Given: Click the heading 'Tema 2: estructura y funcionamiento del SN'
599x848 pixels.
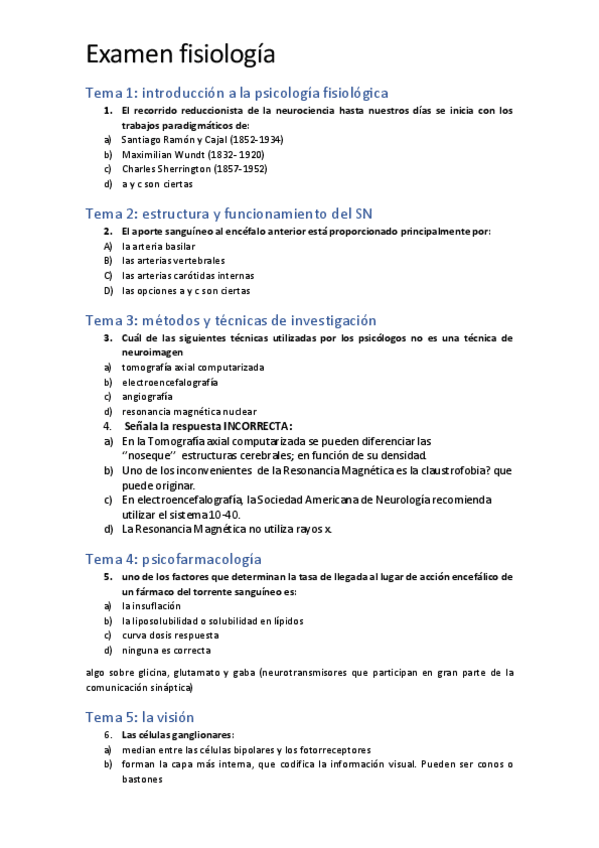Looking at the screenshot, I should pyautogui.click(x=229, y=213).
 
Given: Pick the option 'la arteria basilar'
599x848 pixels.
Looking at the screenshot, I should pyautogui.click(x=158, y=246).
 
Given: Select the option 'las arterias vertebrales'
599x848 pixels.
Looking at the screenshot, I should pyautogui.click(x=173, y=261).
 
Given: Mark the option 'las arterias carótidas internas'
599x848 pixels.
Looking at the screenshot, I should pyautogui.click(x=188, y=276).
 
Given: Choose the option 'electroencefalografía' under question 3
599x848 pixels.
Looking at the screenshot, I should pyautogui.click(x=170, y=382).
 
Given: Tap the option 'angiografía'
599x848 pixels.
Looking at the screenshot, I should pyautogui.click(x=147, y=397).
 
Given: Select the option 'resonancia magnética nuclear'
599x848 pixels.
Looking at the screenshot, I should pyautogui.click(x=189, y=412).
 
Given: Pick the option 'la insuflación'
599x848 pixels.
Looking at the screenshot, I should pyautogui.click(x=151, y=606).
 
